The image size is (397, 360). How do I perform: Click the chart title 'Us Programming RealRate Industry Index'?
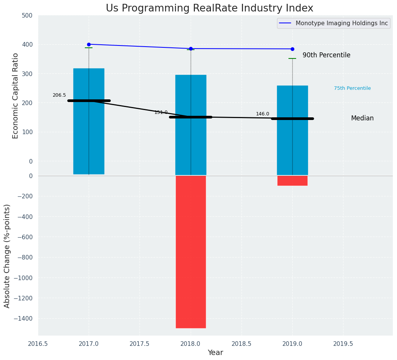(x=209, y=8)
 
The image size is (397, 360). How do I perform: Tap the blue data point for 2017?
(x=89, y=44)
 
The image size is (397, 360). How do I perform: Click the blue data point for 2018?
(x=191, y=49)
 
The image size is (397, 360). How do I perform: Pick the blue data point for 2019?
(x=292, y=49)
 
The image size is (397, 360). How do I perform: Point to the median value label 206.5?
(x=59, y=95)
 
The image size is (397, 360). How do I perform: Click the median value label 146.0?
(x=263, y=114)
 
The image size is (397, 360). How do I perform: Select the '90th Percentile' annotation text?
(x=326, y=55)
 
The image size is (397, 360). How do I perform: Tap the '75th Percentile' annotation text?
(x=352, y=88)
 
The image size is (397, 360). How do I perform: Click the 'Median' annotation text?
(x=362, y=118)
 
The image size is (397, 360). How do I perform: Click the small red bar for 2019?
(x=292, y=180)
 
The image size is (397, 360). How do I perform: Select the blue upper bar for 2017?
(x=89, y=121)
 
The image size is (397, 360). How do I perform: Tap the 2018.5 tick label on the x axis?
(x=241, y=344)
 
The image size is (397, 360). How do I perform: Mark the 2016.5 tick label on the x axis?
(x=38, y=344)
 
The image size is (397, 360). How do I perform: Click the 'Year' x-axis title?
(x=216, y=353)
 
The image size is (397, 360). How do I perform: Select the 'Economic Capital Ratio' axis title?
(x=16, y=96)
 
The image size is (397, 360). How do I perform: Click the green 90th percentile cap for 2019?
(x=292, y=58)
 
